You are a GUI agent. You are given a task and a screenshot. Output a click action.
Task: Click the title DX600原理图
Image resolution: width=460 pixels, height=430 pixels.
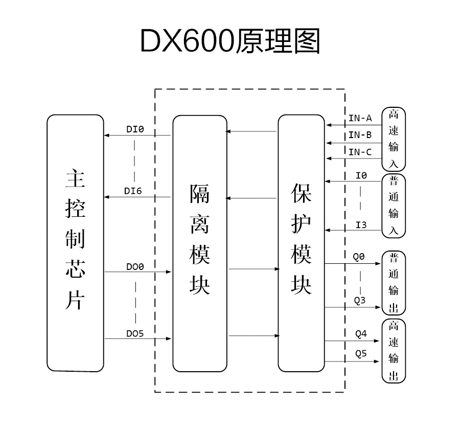point(230,41)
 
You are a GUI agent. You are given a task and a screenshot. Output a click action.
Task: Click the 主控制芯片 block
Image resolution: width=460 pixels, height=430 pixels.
point(75,243)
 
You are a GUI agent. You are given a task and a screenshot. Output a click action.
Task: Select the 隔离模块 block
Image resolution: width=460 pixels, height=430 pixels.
point(199,243)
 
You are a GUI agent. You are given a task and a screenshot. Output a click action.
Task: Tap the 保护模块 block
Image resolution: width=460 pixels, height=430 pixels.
point(301,243)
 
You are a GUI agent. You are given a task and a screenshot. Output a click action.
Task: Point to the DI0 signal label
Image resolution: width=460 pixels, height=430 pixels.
point(135,130)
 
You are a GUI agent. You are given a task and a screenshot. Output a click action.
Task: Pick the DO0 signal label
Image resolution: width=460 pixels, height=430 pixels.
point(135,267)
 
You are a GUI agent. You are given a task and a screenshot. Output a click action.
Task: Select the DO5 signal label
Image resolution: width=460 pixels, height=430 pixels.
point(135,333)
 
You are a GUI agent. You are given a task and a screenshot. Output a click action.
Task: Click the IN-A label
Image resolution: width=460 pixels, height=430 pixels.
point(360,118)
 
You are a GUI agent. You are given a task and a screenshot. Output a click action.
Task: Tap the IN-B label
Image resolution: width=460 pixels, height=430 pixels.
point(360,135)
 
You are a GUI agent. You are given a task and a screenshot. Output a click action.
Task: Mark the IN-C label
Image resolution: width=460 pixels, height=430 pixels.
point(360,152)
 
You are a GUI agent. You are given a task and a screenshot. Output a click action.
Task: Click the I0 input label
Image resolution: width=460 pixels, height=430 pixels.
point(361,176)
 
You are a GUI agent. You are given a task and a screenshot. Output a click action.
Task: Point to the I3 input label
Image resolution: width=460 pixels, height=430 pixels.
point(361,224)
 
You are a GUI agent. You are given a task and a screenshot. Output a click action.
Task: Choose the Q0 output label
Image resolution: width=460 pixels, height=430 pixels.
point(360,257)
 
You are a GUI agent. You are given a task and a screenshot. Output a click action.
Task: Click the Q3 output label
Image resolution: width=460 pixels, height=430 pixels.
point(360,300)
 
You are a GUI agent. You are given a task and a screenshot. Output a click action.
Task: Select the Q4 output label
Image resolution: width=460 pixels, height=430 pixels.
point(361,334)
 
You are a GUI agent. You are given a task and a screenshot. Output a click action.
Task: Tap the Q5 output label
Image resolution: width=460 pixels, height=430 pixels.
point(361,354)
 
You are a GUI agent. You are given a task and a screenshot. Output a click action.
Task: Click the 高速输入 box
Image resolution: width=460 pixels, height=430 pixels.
point(394,139)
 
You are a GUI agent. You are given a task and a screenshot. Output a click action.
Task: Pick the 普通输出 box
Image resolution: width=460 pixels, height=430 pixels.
point(394,282)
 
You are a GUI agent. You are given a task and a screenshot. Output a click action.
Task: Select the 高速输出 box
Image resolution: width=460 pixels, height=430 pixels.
point(394,351)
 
